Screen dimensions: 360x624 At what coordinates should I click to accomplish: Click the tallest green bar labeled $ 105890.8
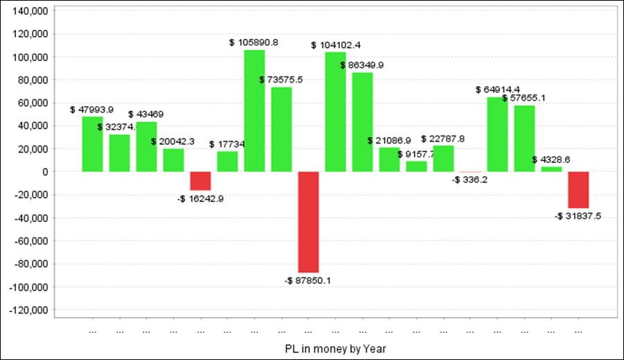(254, 111)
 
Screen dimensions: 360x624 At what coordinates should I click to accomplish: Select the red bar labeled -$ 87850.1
(309, 222)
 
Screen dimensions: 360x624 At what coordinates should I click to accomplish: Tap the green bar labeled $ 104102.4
(336, 112)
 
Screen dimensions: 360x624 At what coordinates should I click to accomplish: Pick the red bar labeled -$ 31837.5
(578, 189)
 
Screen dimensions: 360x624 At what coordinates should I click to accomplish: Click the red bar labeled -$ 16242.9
(200, 180)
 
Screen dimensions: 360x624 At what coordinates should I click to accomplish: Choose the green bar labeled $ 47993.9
(92, 144)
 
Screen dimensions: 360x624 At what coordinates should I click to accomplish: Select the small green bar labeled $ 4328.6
(551, 169)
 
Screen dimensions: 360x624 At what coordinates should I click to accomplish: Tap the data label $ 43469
(146, 113)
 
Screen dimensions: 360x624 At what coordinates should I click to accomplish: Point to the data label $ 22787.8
(442, 139)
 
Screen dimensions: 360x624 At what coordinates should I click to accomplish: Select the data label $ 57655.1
(523, 98)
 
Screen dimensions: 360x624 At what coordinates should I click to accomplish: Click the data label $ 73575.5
(281, 80)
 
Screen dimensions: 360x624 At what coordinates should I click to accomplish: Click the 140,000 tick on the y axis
(30, 11)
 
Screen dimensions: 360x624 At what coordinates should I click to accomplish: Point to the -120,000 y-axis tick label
(28, 309)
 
